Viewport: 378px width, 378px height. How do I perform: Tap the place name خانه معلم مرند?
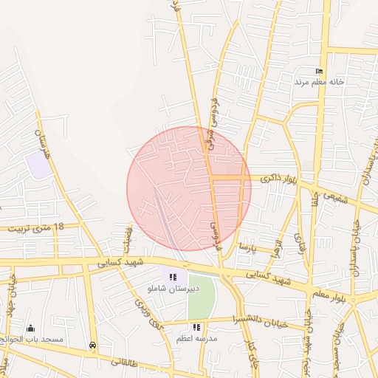320,81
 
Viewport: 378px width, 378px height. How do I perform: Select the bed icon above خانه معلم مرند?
319,71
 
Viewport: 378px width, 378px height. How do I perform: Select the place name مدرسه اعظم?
195,337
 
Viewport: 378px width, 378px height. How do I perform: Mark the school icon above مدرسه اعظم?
196,326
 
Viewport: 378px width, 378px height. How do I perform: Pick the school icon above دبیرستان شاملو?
173,277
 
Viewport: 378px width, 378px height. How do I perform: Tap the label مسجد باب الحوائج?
32,339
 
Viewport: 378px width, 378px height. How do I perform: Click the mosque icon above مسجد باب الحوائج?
30,328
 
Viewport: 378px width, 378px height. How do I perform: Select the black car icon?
92,345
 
